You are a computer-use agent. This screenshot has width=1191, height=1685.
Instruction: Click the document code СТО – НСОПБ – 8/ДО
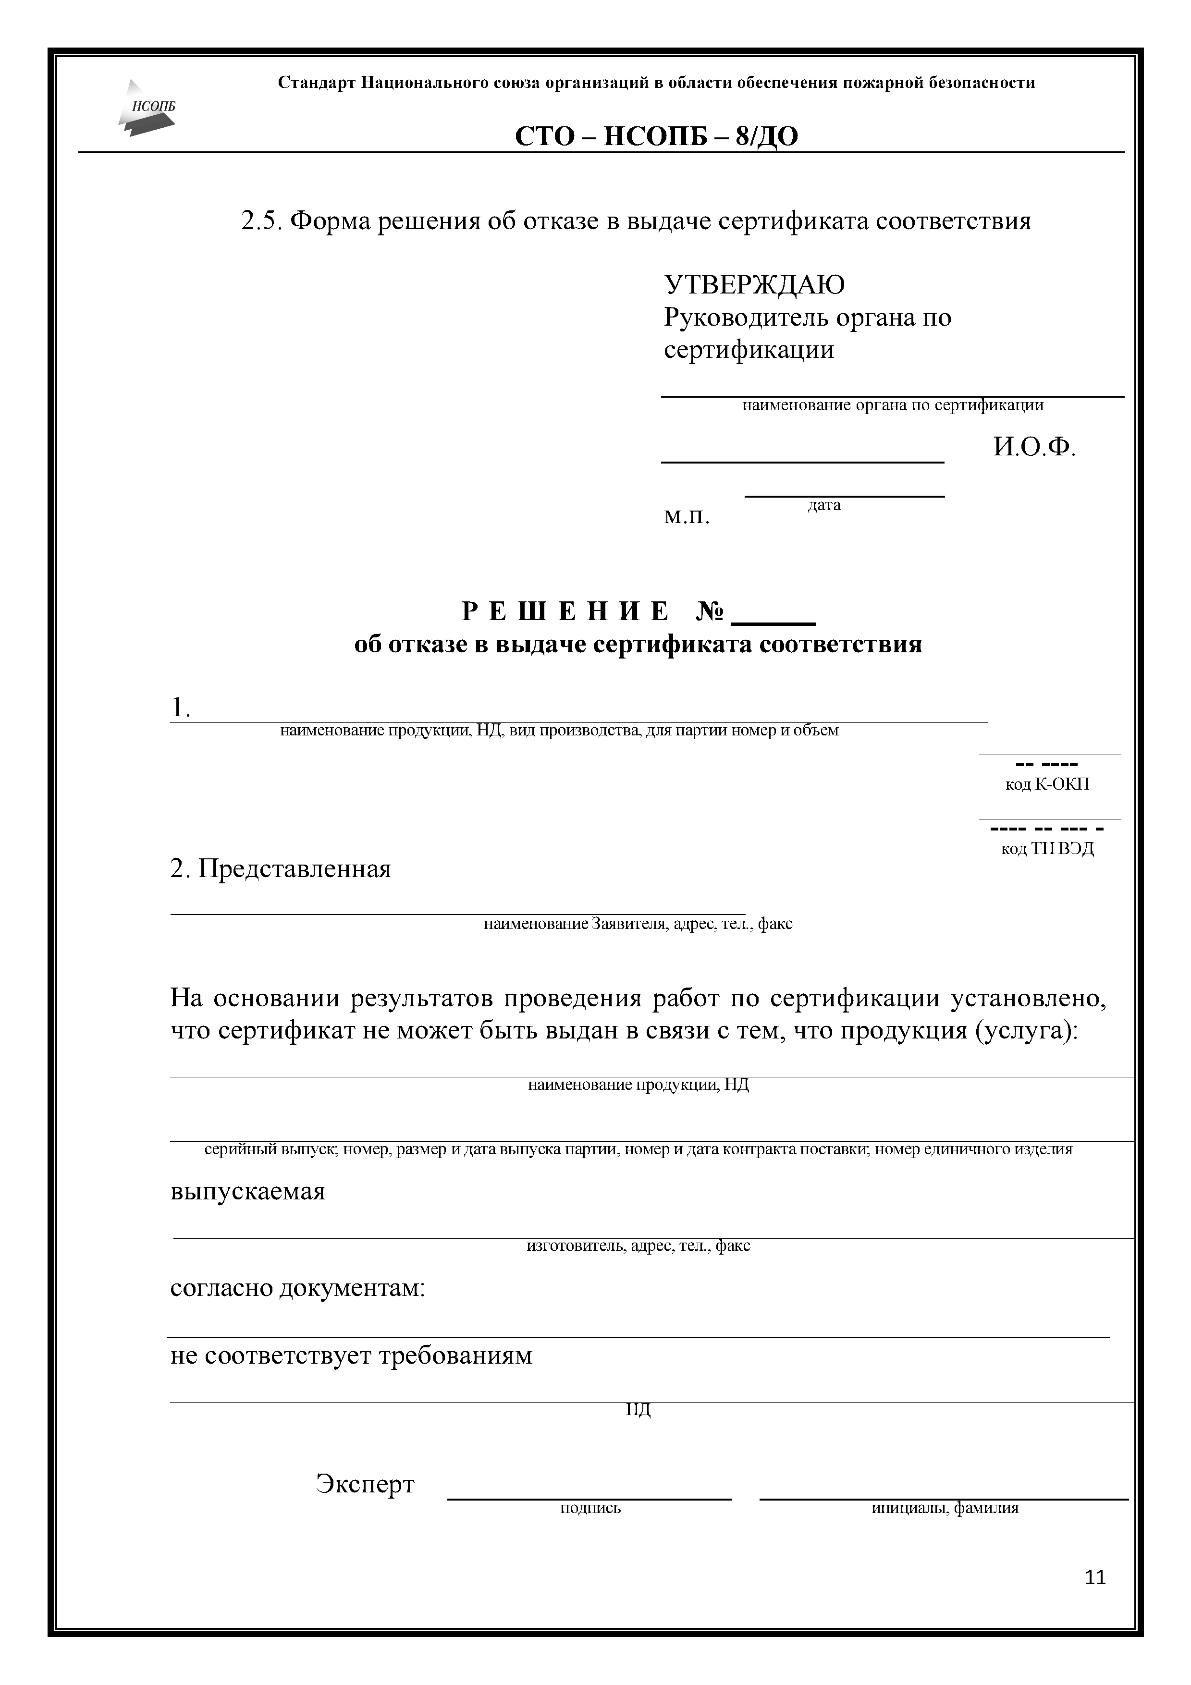[x=656, y=136]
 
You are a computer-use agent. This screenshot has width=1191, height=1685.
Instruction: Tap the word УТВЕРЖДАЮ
[x=754, y=285]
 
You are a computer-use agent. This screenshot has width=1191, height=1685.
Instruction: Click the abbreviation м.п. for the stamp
[x=687, y=517]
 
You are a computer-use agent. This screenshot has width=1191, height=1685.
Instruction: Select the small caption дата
[x=824, y=506]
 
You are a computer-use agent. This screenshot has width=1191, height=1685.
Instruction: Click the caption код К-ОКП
[x=1047, y=784]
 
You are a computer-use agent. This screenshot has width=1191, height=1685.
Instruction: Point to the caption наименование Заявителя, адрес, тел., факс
[x=638, y=924]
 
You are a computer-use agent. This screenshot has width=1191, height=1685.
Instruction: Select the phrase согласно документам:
[x=297, y=1288]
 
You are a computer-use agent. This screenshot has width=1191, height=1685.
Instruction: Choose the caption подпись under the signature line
[x=590, y=1508]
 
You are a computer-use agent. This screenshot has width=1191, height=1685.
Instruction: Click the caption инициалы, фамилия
[x=945, y=1508]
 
